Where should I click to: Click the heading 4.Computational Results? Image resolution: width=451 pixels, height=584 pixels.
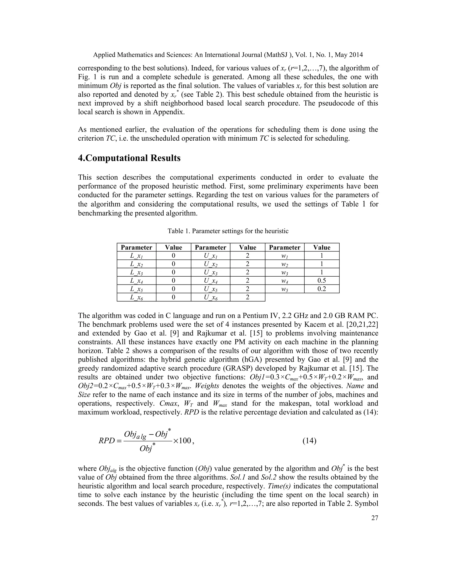(129, 158)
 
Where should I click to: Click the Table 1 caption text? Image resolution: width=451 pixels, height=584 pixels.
(228, 231)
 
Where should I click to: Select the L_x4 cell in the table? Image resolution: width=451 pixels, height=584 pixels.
(136, 281)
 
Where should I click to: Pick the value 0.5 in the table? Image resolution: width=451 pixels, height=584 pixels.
(322, 281)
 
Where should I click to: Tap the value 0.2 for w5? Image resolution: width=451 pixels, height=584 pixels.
(322, 289)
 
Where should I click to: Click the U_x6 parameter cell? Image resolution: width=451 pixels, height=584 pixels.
(210, 297)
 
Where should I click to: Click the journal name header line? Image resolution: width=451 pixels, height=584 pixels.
(228, 55)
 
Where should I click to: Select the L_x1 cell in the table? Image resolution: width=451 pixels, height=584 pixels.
(136, 256)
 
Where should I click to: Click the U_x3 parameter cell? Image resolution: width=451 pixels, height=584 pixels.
(210, 272)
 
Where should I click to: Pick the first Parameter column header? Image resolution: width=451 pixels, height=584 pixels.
(136, 247)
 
